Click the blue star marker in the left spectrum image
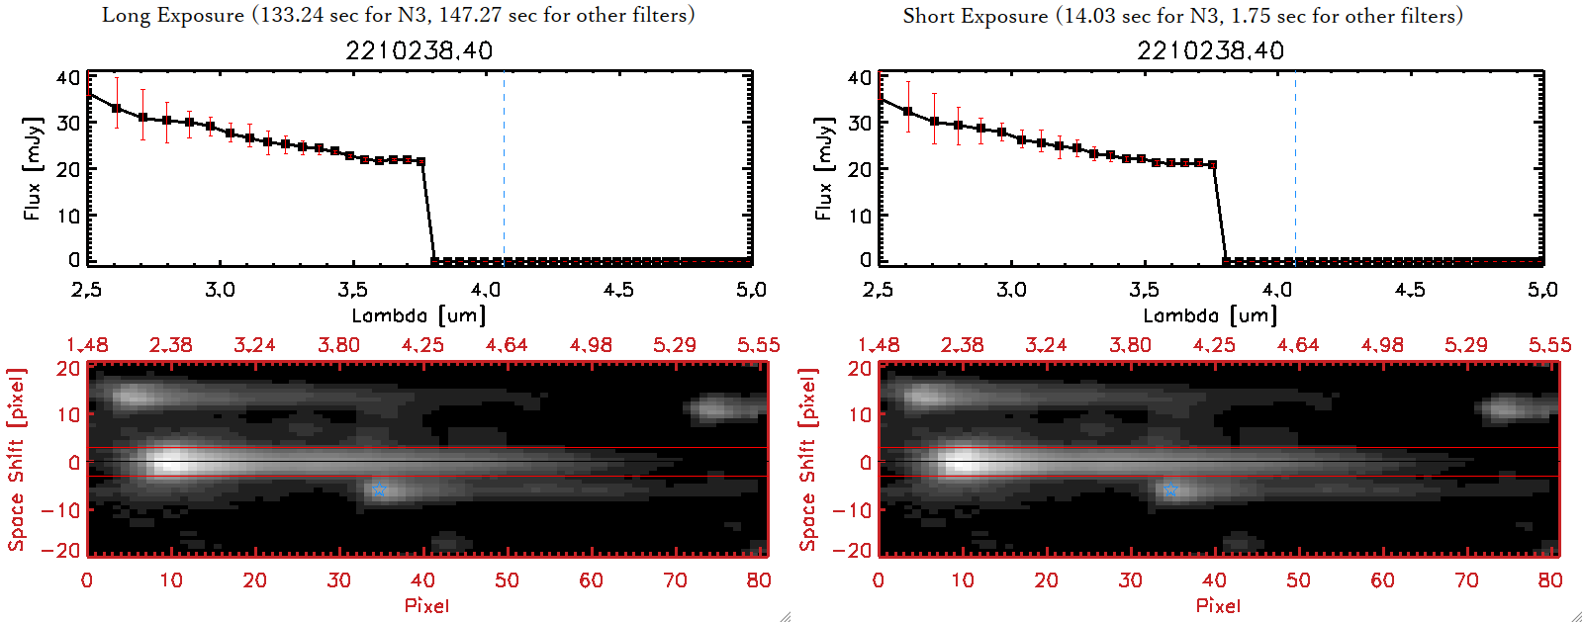tap(379, 490)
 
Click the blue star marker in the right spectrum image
tap(1170, 490)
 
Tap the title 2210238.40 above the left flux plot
tap(419, 50)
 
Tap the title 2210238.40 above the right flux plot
tap(1210, 50)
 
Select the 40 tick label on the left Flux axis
tap(68, 78)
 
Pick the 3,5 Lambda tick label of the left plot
tap(352, 290)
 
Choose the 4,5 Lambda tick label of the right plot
tap(1410, 290)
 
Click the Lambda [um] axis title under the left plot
tap(419, 315)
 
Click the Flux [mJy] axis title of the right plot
tap(823, 168)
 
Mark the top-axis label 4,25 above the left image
tap(422, 345)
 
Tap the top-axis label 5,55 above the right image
tap(1549, 345)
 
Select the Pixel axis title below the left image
tap(426, 605)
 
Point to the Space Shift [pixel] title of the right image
tap(808, 460)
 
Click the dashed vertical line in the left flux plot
tap(504, 168)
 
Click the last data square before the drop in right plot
tap(1213, 165)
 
